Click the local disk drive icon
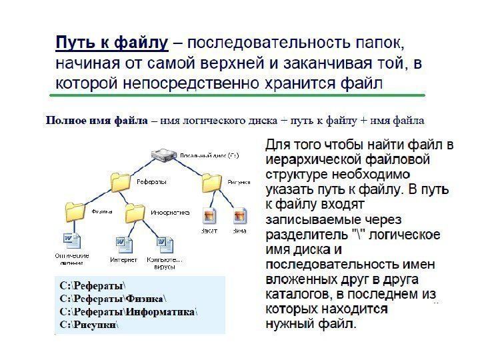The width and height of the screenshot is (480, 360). coord(163,155)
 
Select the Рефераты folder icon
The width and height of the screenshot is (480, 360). coord(120,181)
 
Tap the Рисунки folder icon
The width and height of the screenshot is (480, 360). coord(211,181)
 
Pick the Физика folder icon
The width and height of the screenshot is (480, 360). coord(76,212)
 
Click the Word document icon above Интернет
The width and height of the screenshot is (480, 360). coord(124,243)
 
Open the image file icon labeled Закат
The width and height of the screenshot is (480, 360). coord(209,216)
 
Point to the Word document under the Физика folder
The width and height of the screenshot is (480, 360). coord(71,240)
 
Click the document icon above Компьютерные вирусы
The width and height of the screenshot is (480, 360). coord(163,243)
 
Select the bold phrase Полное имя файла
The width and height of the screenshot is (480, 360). coord(96,121)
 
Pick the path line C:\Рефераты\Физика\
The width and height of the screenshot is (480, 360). coord(114,298)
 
